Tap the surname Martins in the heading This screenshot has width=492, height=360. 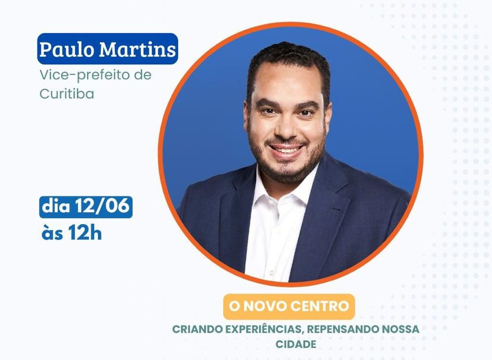137,49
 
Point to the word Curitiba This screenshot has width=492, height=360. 67,93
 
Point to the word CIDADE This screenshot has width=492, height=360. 296,344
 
